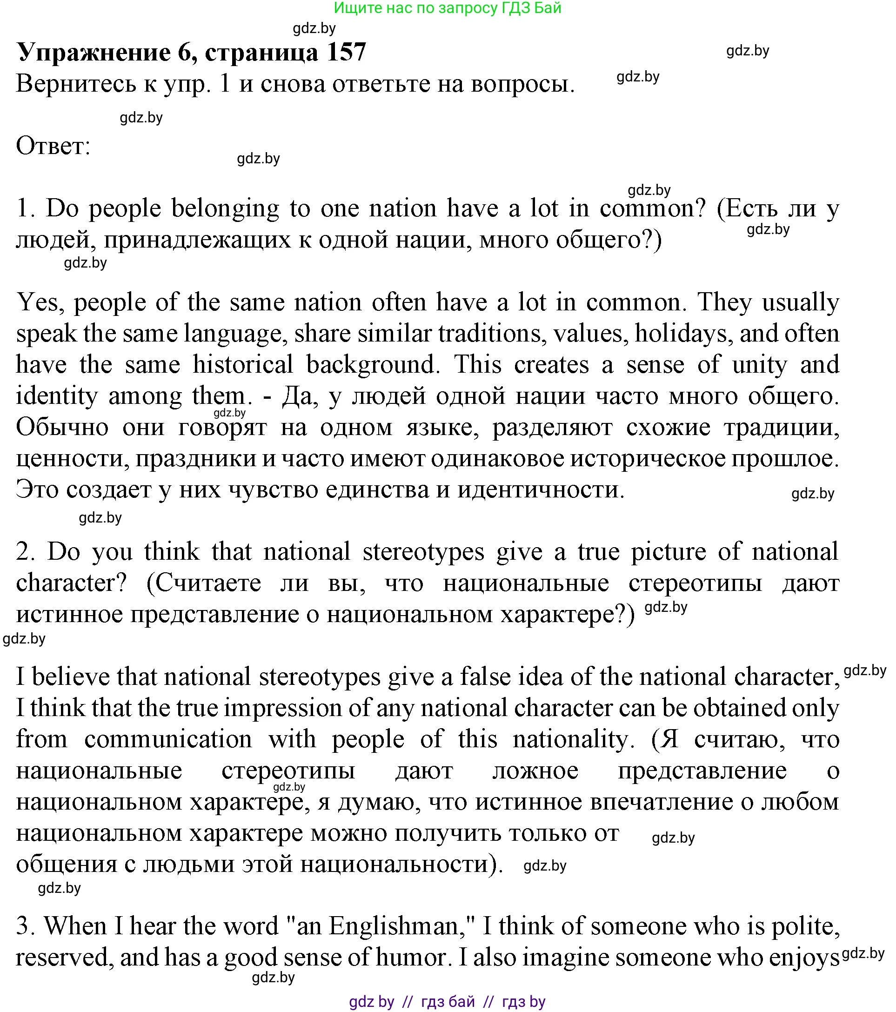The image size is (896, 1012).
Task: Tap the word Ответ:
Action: [x=53, y=146]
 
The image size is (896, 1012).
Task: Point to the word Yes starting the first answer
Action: [x=40, y=302]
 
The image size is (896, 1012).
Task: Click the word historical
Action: [x=242, y=365]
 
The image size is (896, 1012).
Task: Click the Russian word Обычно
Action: [x=62, y=427]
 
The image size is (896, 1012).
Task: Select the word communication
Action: [x=168, y=739]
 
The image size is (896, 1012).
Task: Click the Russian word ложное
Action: [x=535, y=771]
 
